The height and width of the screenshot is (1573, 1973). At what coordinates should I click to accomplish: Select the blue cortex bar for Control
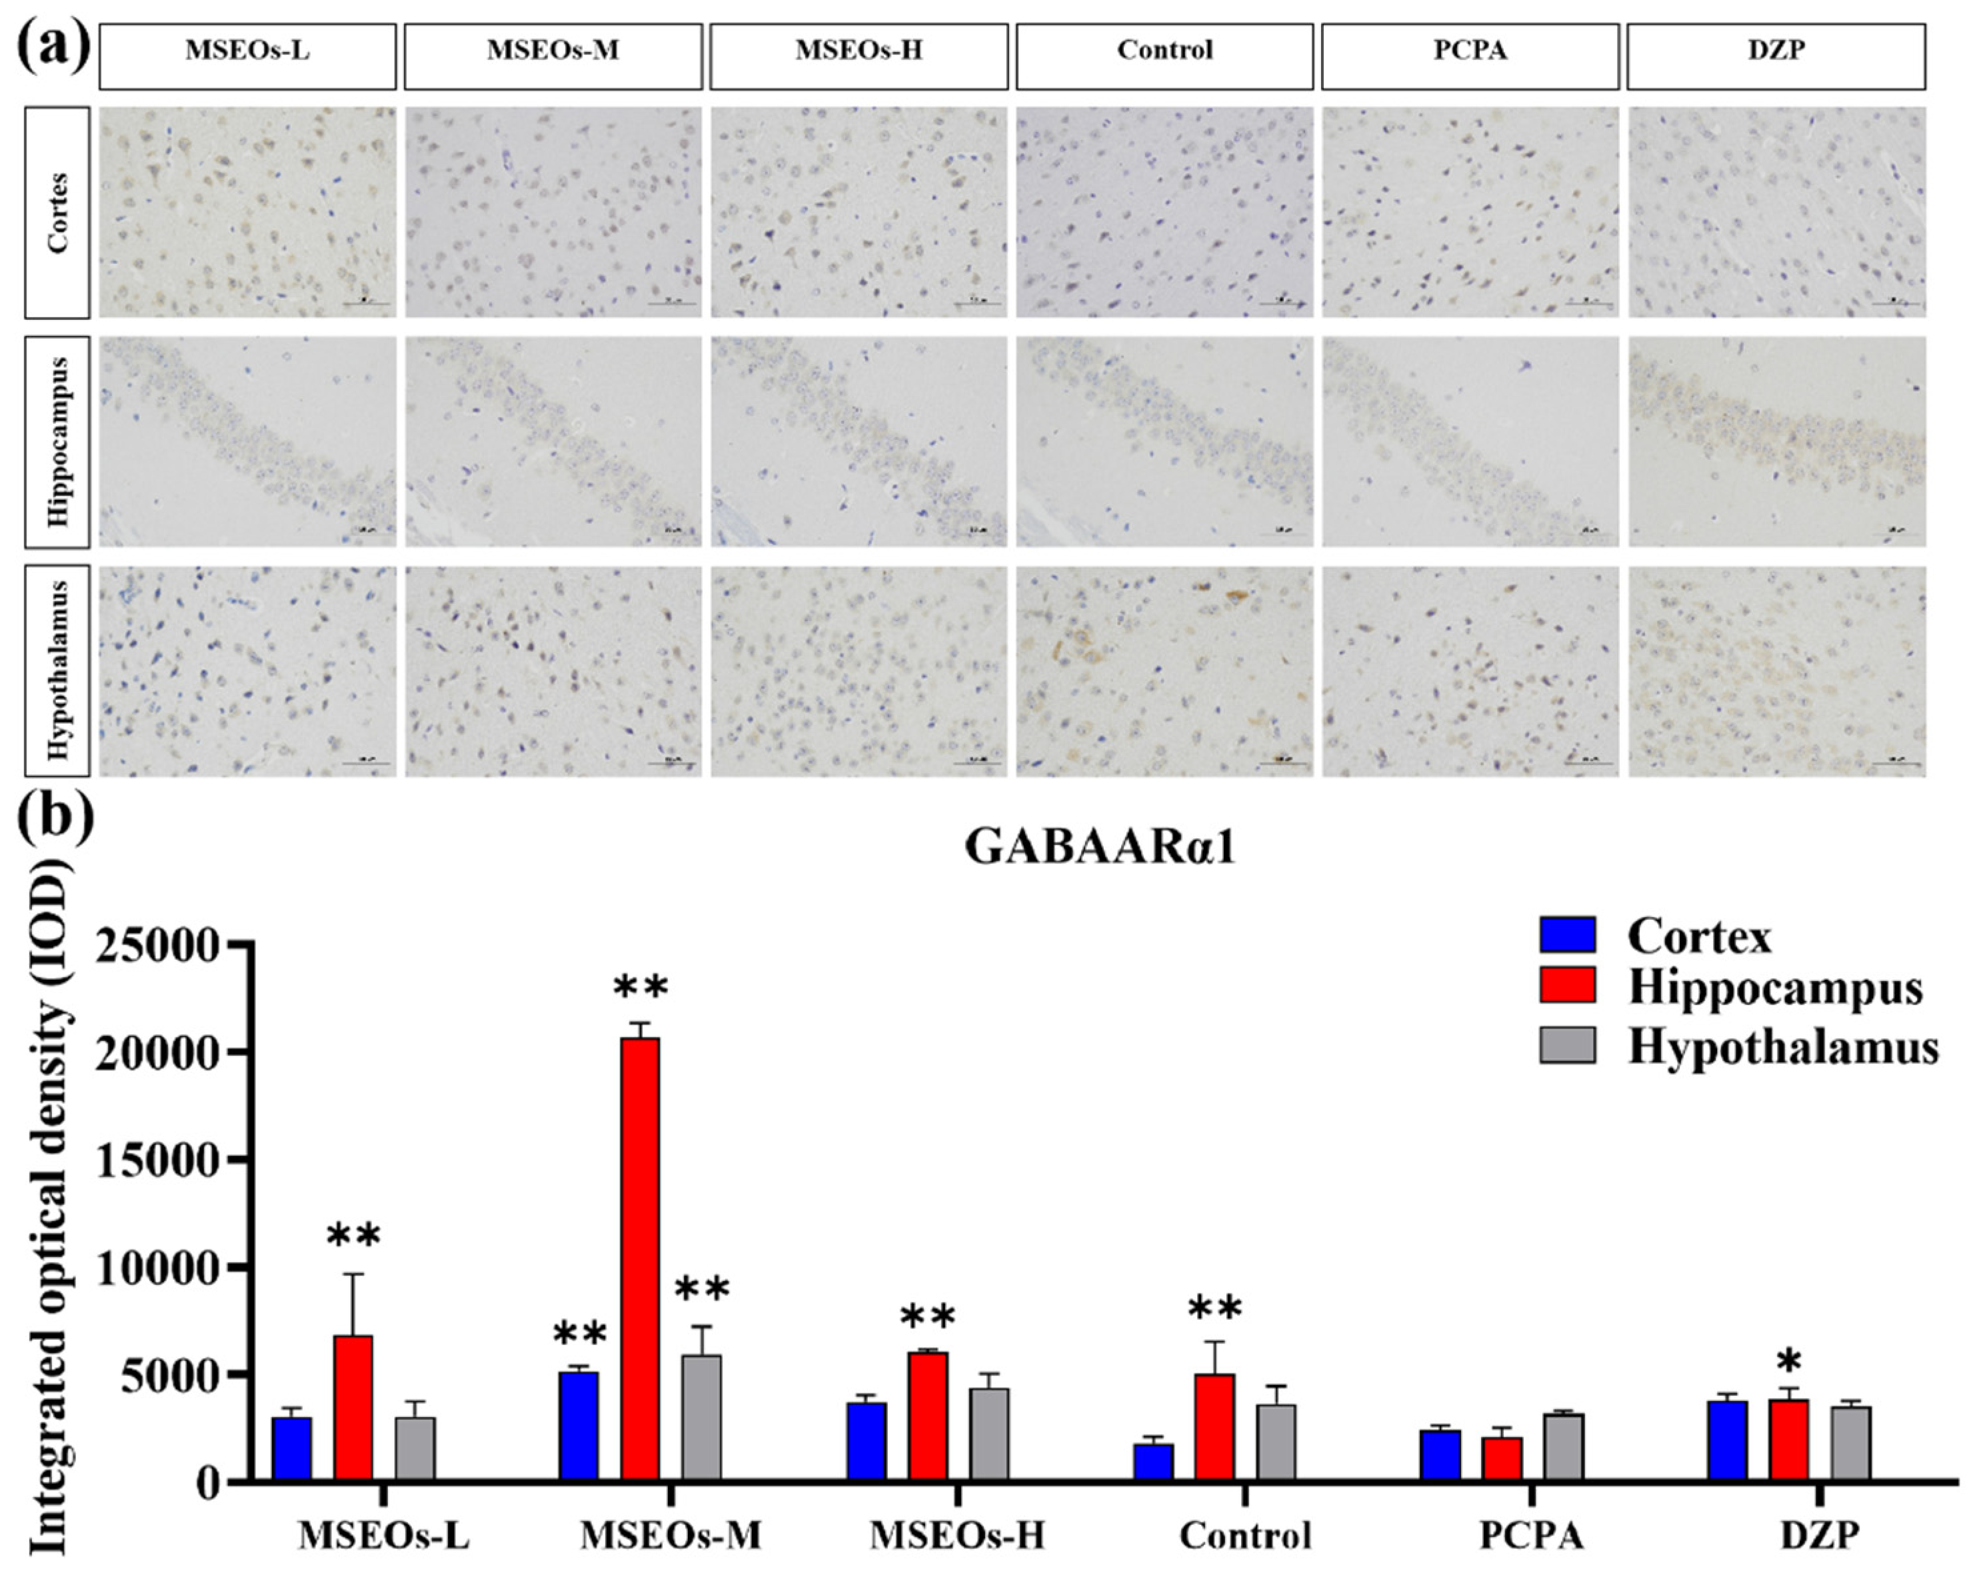pos(1153,1462)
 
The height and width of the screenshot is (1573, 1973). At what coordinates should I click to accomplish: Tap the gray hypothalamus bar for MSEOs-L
pos(415,1448)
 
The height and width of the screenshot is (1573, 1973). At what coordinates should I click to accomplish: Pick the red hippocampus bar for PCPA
pos(1502,1458)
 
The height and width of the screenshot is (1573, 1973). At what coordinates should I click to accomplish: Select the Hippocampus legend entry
pos(1774,988)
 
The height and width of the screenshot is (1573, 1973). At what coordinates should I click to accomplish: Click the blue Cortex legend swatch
pos(1568,935)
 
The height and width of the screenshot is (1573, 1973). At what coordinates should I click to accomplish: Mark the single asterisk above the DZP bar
pos(1789,1362)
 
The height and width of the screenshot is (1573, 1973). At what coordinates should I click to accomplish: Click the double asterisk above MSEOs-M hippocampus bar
pos(641,988)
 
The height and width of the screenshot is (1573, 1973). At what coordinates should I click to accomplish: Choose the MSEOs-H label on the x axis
pos(957,1534)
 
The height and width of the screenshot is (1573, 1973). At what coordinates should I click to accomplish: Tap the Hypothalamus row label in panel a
pos(57,671)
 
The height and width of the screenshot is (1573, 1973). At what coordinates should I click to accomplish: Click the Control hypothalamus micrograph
pos(1164,671)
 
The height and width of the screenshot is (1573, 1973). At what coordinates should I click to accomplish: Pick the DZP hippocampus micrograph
pos(1776,441)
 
